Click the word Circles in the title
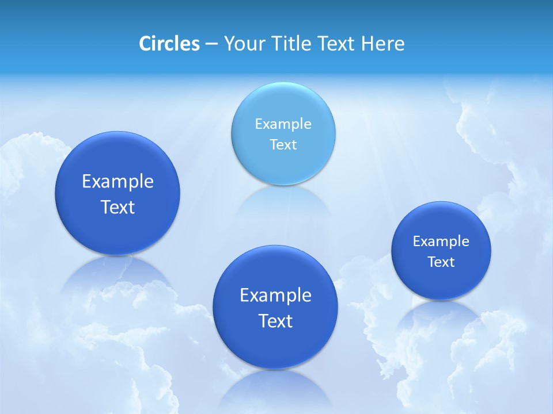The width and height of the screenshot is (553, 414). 169,44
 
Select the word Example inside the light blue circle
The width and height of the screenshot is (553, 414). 283,124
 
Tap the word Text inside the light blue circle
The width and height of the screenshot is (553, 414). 283,144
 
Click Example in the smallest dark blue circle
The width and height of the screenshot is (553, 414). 441,241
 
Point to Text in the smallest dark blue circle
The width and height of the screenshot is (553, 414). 441,262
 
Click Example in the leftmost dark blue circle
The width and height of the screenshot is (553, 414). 118,182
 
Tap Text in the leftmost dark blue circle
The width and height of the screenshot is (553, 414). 118,207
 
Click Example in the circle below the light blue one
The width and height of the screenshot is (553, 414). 275,296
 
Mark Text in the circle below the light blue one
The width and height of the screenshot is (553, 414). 275,321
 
